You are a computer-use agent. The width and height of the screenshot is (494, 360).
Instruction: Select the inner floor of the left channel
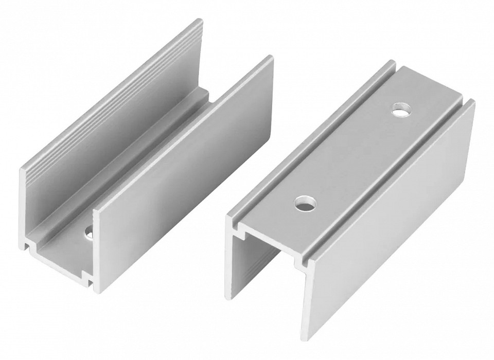(x=67, y=252)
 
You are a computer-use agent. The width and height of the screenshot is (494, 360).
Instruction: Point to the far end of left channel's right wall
(x=270, y=59)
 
